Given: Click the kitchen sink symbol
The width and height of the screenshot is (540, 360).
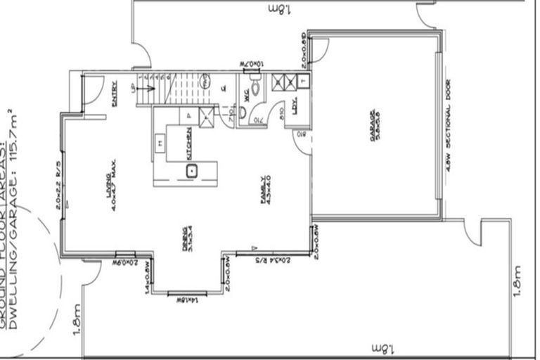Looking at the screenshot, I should (x=191, y=170).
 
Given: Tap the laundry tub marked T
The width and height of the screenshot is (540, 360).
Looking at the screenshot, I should (x=302, y=82).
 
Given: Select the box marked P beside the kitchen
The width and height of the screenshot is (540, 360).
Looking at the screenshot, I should (x=188, y=115).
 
